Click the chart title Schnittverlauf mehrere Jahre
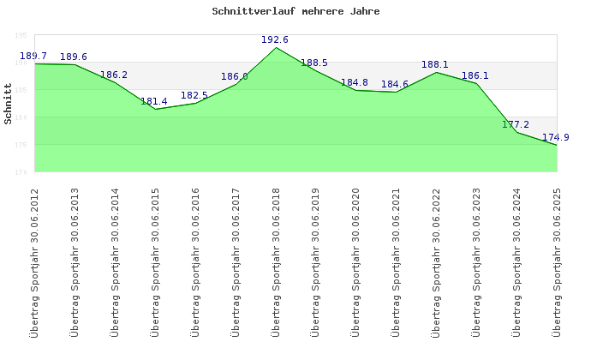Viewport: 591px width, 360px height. click(x=295, y=12)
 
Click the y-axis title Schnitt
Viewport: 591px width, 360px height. click(x=8, y=103)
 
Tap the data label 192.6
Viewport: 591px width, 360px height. click(x=275, y=39)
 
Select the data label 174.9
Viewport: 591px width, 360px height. click(x=556, y=137)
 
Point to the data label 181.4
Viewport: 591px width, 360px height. click(x=154, y=101)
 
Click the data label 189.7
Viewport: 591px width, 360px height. click(x=33, y=57)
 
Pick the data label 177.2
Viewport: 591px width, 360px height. click(x=516, y=124)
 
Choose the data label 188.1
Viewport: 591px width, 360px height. click(x=435, y=64)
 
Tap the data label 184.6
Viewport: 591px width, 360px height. click(x=395, y=84)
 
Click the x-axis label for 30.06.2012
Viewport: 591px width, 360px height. click(x=34, y=261)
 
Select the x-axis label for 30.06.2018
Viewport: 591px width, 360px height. click(x=276, y=261)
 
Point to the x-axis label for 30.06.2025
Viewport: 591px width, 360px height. click(x=558, y=261)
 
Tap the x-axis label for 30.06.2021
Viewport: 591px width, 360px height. click(x=397, y=261)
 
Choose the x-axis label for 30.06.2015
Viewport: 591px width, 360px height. click(x=155, y=261)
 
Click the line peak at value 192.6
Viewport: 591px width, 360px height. click(x=276, y=47)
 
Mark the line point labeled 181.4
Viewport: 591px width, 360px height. click(x=155, y=109)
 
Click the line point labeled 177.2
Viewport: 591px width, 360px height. click(x=517, y=132)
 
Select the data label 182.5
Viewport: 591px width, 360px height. click(x=194, y=95)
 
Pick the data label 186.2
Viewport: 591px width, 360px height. click(x=114, y=75)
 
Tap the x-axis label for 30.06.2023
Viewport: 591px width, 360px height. click(x=477, y=261)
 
